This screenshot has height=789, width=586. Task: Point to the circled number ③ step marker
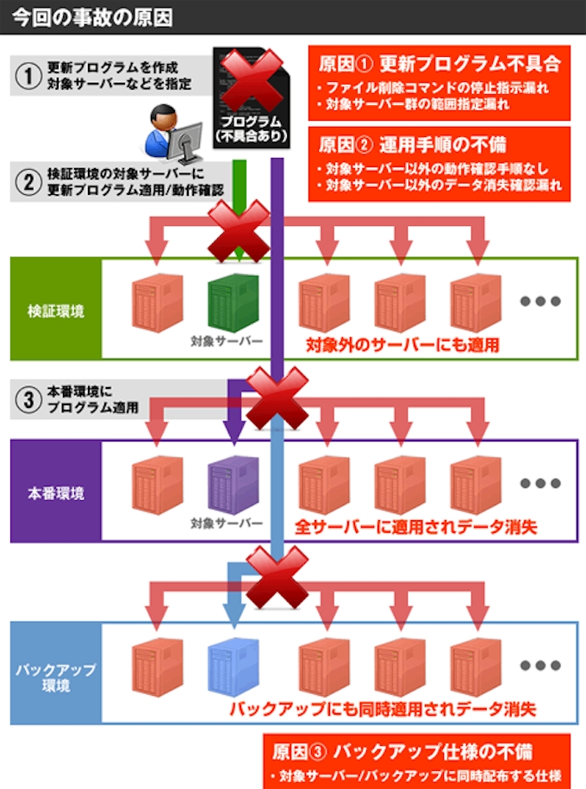coord(28,399)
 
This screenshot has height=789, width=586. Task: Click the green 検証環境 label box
coord(56,310)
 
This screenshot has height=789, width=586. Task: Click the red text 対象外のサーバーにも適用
coord(404,345)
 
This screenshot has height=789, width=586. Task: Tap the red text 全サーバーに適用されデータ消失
coord(415,526)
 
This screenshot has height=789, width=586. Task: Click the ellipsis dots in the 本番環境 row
coord(540,483)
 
